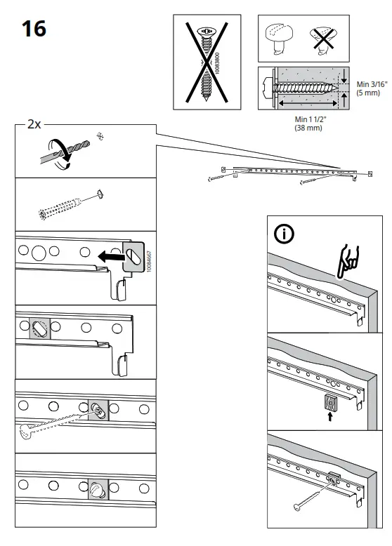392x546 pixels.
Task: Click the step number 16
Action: (x=33, y=29)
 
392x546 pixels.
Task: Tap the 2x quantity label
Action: (x=34, y=124)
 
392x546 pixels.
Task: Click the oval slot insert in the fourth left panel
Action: (x=39, y=327)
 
